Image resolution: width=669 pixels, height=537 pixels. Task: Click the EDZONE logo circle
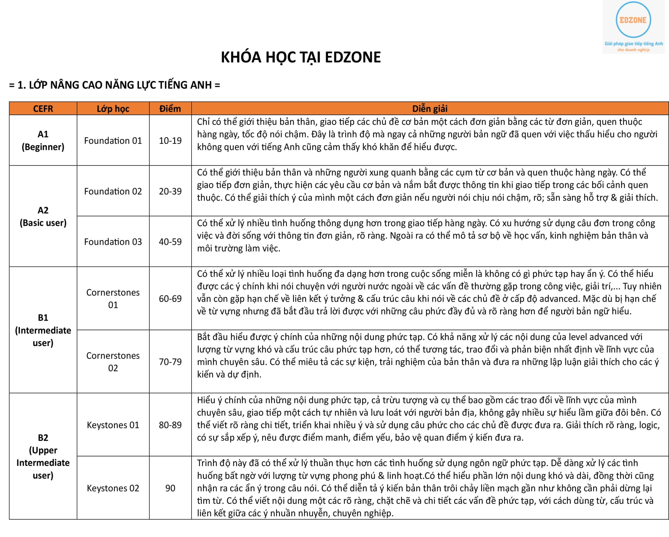[633, 20]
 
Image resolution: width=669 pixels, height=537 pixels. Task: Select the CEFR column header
[43, 109]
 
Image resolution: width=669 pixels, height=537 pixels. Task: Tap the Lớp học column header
[113, 109]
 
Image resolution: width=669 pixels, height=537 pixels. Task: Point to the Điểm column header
[170, 109]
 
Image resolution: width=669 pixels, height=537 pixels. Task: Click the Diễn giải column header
[430, 109]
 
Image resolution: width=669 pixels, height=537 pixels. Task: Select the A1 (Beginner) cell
[43, 140]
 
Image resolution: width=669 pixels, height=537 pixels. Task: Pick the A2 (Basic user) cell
[43, 217]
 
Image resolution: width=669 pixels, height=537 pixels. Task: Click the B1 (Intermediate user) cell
[43, 330]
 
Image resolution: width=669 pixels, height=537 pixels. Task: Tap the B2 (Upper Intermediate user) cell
[43, 456]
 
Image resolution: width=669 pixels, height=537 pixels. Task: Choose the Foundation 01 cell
[113, 141]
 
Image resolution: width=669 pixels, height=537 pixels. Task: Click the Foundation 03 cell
[113, 242]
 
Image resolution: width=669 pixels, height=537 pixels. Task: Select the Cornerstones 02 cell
[113, 361]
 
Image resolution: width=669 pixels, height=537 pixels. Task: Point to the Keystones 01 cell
[113, 425]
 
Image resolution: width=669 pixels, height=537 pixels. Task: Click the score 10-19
[170, 141]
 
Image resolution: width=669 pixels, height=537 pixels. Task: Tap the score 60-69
[170, 298]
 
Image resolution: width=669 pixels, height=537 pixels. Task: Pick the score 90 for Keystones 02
[170, 488]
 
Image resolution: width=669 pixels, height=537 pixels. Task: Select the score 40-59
[170, 242]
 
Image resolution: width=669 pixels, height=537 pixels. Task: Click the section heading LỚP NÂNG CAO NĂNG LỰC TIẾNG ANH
[114, 85]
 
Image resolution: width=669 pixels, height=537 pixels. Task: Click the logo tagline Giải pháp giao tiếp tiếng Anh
[633, 44]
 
